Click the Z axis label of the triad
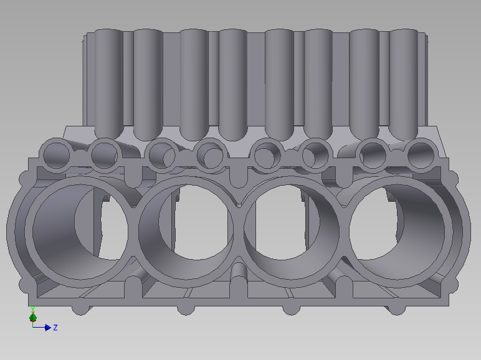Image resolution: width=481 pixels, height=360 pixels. coord(55,328)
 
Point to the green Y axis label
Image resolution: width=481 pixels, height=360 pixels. coord(32,309)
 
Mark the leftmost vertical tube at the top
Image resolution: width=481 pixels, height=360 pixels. coord(108,81)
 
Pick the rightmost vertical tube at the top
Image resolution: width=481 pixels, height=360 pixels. coord(403,81)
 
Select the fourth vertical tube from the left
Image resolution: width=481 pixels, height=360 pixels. coord(233,81)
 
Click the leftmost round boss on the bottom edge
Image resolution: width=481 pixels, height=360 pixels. coord(79,309)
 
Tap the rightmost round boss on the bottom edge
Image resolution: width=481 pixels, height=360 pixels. coord(397,309)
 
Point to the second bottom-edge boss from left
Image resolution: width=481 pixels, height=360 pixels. coord(185,309)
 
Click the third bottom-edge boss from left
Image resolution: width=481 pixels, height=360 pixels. coord(291,309)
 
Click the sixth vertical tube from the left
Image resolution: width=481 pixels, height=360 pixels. coord(318,81)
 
